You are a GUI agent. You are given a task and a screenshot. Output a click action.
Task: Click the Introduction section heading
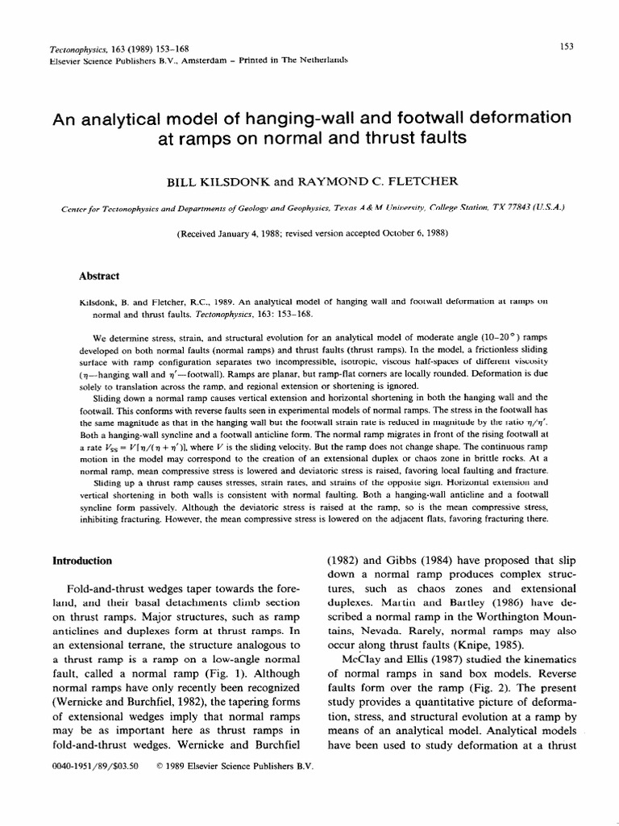[82, 561]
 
